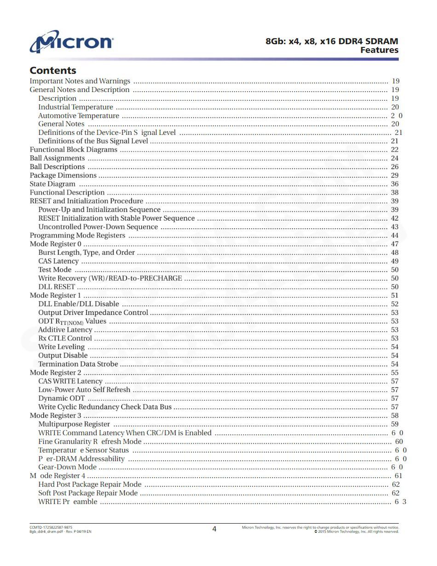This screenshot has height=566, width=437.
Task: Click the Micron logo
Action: [71, 42]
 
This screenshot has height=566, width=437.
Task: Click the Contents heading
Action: [53, 70]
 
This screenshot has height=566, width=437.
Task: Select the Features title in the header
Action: [379, 50]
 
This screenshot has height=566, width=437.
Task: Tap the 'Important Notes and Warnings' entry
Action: [80, 81]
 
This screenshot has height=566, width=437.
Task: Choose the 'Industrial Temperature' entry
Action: [75, 107]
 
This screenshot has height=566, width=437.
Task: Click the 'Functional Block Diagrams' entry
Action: [74, 150]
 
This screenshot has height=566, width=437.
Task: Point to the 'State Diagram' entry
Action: [52, 184]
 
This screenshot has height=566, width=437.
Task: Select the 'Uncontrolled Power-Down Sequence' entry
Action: [98, 227]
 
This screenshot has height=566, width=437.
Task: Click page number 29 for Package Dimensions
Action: [394, 175]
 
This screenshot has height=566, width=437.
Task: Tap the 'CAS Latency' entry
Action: [58, 261]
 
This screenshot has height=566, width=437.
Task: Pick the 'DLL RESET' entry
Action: [57, 287]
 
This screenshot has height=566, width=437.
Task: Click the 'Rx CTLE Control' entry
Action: [65, 338]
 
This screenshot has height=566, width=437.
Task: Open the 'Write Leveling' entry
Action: [61, 347]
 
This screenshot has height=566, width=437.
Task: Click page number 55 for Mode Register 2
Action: [394, 373]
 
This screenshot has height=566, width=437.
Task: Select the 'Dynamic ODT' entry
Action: [62, 399]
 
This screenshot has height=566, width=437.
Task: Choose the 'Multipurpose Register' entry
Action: [74, 424]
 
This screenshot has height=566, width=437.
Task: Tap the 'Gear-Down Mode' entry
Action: [67, 467]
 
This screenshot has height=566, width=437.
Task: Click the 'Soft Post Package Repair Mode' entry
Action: [88, 493]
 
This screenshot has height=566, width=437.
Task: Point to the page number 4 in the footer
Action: [214, 529]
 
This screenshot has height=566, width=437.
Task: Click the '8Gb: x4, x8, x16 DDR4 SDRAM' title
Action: [332, 41]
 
